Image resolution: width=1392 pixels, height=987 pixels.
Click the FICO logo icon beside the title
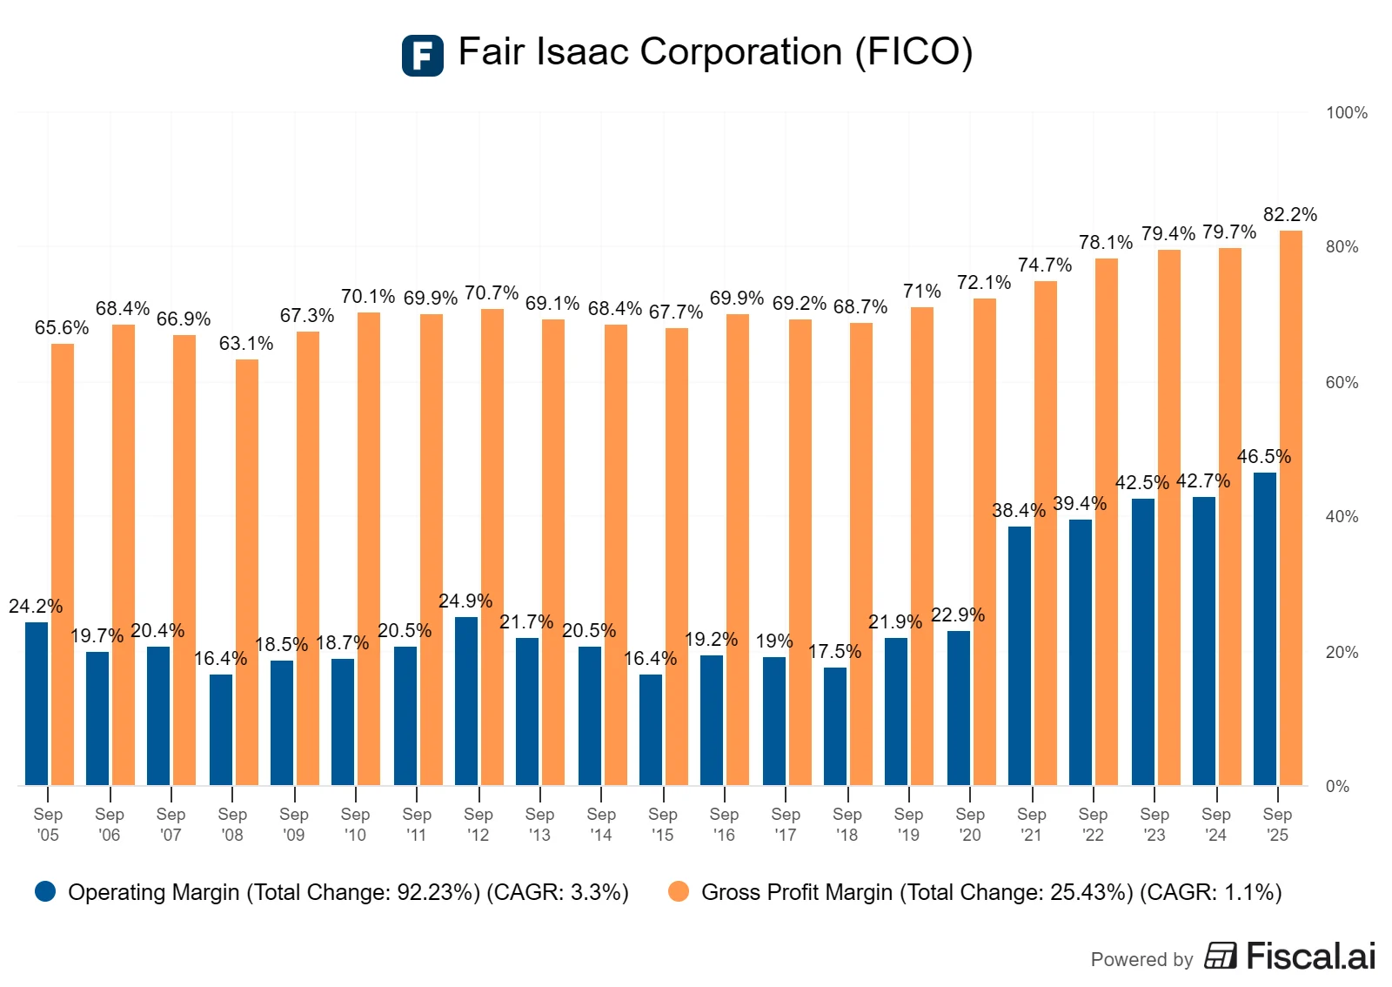(422, 56)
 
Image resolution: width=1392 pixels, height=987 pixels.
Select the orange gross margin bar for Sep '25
(1291, 508)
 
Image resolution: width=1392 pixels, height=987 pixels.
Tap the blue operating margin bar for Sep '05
(37, 703)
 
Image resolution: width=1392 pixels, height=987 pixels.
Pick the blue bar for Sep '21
(1020, 655)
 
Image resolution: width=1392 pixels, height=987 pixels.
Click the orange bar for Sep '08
(247, 572)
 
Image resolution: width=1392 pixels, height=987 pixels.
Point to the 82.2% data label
(1289, 215)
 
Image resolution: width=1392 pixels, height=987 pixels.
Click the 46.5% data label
(1263, 457)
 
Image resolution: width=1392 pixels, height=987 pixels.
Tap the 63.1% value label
(245, 344)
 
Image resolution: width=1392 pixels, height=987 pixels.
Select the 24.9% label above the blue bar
(465, 601)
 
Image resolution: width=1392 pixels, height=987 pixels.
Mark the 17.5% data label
(834, 652)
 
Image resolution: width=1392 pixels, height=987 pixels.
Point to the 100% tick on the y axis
(1346, 113)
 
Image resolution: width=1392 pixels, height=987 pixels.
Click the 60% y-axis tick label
(1342, 383)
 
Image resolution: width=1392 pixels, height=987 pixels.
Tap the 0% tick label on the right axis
(1337, 787)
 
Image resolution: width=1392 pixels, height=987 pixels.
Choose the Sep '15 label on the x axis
(662, 824)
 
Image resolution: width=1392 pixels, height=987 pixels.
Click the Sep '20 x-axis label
(969, 824)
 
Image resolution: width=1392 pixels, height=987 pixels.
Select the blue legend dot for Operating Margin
(45, 891)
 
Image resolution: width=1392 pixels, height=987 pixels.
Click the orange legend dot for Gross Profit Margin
(679, 891)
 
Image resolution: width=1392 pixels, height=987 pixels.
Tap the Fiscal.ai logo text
(1310, 956)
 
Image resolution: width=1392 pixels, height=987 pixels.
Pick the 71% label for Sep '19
(921, 292)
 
